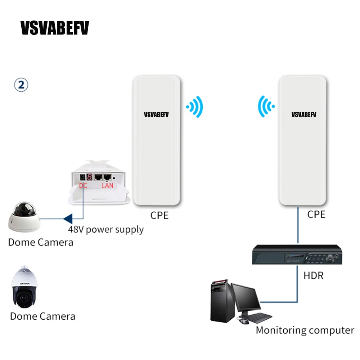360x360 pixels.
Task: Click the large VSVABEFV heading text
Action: (x=54, y=28)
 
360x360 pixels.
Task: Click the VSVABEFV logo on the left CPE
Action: (x=156, y=115)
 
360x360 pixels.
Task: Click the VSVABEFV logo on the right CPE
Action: (x=304, y=115)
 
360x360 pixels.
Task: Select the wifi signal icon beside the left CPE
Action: (x=195, y=107)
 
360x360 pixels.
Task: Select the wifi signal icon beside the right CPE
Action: (x=266, y=106)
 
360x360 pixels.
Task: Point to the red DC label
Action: (x=83, y=185)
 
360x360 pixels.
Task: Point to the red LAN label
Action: (x=107, y=185)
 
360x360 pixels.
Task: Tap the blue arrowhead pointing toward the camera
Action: (x=68, y=218)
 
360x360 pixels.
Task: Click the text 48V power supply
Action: (x=106, y=229)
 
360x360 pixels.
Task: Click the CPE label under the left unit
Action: (x=159, y=215)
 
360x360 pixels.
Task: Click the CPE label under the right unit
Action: (x=316, y=215)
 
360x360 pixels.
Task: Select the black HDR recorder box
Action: (x=296, y=255)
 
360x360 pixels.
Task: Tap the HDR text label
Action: (x=313, y=276)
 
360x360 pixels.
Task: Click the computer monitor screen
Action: (x=246, y=298)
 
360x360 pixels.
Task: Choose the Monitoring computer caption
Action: (x=305, y=330)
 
